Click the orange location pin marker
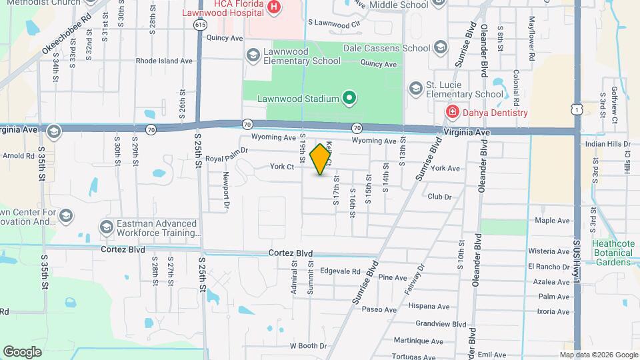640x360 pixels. point(321,159)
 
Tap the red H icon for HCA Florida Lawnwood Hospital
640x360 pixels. point(273,7)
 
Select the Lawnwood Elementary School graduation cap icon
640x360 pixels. point(253,55)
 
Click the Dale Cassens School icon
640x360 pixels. point(440,47)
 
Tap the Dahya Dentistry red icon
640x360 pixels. point(453,112)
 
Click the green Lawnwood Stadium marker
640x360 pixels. point(349,99)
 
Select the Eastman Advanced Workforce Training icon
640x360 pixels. point(106,227)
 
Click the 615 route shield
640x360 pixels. point(201,24)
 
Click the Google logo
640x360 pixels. point(22,352)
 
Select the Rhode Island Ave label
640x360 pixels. point(164,61)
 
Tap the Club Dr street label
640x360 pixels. point(439,197)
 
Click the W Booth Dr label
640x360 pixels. point(308,346)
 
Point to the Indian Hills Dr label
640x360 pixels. point(607,143)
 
